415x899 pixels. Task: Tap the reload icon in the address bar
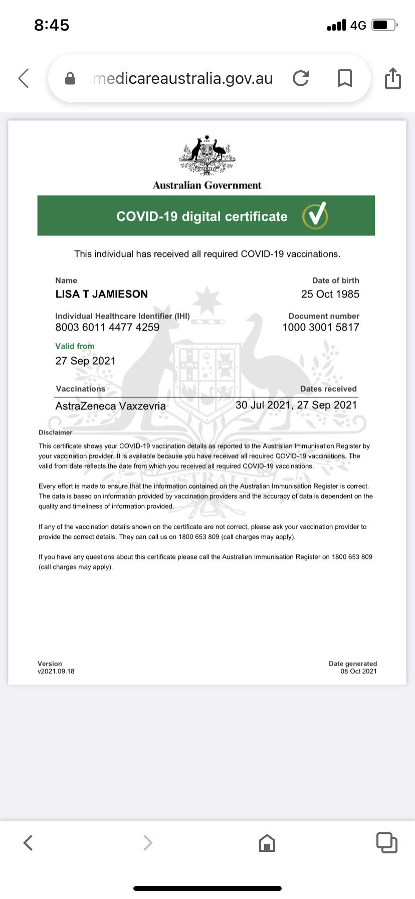(301, 78)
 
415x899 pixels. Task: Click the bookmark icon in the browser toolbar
(344, 78)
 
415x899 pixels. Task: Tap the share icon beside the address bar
(393, 78)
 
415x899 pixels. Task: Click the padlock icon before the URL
(71, 79)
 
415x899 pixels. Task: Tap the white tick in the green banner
(315, 216)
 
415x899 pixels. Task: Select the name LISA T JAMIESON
(102, 294)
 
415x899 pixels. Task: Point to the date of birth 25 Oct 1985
(330, 294)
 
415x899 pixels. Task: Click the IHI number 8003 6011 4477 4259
(107, 327)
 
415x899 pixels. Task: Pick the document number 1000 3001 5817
(321, 327)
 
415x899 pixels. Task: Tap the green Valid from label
(75, 346)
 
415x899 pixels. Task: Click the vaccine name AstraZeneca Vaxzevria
(110, 406)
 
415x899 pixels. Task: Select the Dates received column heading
(328, 389)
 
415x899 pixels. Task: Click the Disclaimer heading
(56, 432)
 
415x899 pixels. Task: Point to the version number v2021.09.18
(56, 671)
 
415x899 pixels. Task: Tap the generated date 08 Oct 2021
(358, 671)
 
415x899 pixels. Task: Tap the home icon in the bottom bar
(267, 843)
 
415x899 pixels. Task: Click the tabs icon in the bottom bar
(386, 843)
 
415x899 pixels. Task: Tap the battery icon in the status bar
(384, 25)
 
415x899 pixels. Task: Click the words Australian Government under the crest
(207, 185)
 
